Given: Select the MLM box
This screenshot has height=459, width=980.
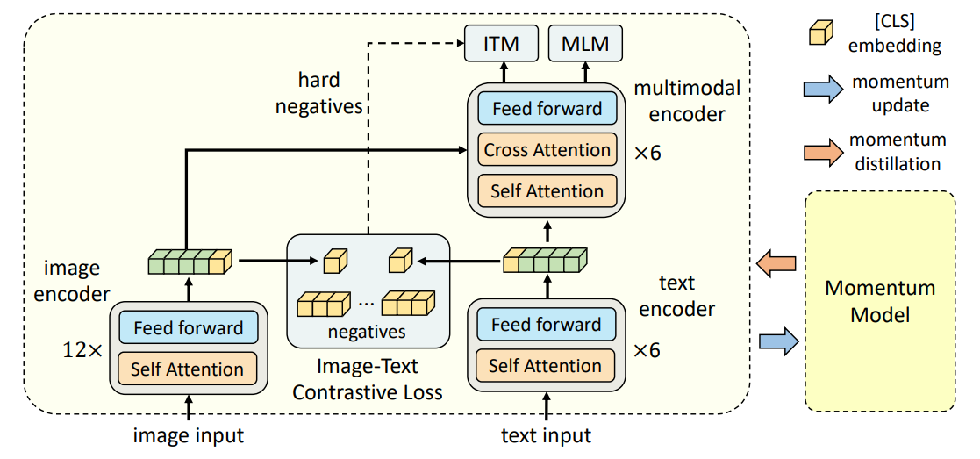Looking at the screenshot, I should [x=585, y=44].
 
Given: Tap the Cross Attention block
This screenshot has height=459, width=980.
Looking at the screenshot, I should [x=547, y=150].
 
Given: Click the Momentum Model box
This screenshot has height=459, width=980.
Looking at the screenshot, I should [x=880, y=301].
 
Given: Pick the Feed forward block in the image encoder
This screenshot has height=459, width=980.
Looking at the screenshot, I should [x=188, y=328].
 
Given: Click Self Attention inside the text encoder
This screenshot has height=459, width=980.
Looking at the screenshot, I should [x=546, y=365].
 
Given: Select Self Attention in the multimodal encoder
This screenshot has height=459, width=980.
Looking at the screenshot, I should [x=547, y=190].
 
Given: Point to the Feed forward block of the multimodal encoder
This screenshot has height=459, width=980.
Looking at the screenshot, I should [x=547, y=110].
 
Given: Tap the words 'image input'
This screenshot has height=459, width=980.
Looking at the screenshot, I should [x=188, y=434].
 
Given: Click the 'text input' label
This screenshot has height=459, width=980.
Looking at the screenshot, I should [x=546, y=434].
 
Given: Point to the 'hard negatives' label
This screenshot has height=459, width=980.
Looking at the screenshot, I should [x=319, y=95].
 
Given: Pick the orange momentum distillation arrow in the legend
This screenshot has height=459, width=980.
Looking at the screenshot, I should [x=820, y=150].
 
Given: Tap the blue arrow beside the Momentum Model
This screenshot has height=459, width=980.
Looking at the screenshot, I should [x=778, y=341].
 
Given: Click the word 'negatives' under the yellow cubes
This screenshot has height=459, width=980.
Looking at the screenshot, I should [x=366, y=332].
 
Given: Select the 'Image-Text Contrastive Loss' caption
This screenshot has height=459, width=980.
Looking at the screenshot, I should [x=367, y=379].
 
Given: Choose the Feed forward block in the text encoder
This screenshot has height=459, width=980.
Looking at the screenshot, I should [x=546, y=325].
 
